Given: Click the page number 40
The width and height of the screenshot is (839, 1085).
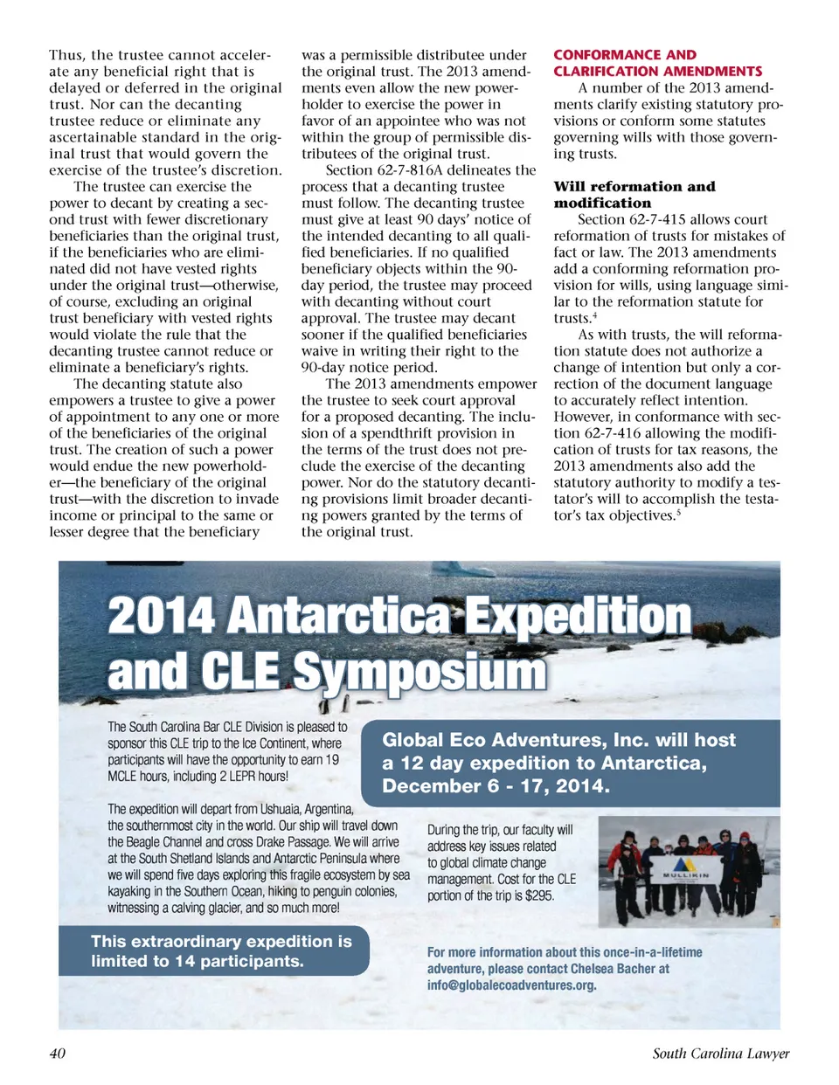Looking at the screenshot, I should (x=57, y=1053).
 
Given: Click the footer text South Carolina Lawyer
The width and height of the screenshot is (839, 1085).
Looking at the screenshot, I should (x=720, y=1053).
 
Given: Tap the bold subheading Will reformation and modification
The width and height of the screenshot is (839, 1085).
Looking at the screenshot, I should (x=634, y=194).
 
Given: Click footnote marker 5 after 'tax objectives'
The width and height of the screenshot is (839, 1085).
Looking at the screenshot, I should (x=679, y=513).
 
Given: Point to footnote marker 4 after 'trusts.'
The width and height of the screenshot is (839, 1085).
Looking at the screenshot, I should (x=594, y=315).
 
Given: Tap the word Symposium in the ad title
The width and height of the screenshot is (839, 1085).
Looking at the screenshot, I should (x=419, y=671).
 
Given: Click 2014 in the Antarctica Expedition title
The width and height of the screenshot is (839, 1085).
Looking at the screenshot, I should (x=161, y=615).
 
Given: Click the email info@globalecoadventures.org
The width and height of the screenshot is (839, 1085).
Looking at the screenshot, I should (x=511, y=985).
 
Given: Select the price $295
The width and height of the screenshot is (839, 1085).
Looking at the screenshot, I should (x=539, y=895).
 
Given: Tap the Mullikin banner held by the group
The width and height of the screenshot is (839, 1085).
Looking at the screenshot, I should (x=686, y=874).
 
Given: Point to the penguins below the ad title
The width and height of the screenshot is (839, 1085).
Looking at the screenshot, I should (x=336, y=702).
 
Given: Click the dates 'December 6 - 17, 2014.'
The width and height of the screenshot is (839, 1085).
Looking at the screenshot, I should (x=496, y=785).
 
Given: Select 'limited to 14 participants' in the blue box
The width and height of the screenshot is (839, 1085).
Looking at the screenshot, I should (x=197, y=961).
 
